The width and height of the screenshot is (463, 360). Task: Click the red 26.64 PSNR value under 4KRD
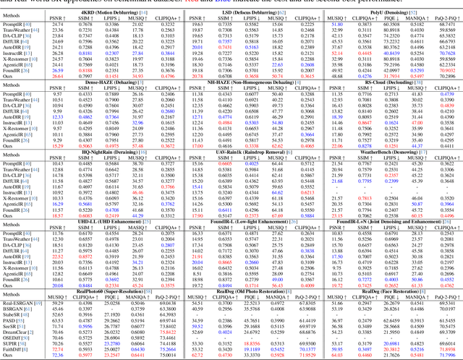coord(56,75)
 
